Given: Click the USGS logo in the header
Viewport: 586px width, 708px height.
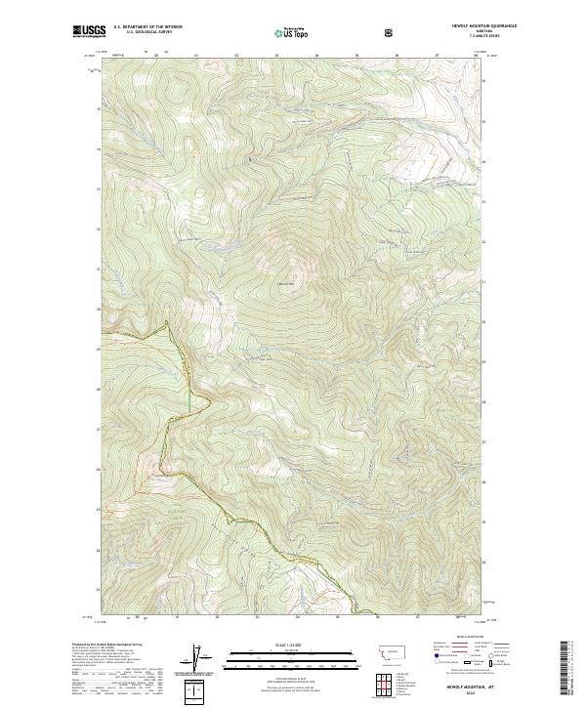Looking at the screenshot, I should point(90,33).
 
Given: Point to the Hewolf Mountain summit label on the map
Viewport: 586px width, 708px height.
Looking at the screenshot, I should point(289,283).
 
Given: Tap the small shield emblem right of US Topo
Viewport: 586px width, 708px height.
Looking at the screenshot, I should point(391,32).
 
